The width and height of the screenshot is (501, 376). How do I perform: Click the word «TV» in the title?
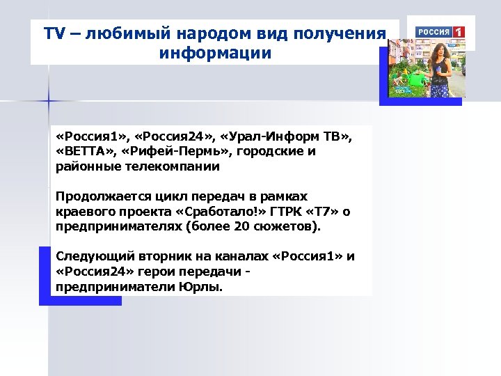coord(54,33)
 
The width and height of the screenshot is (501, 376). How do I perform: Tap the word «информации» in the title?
coord(215,53)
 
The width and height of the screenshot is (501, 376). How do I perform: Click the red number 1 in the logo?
coord(459,32)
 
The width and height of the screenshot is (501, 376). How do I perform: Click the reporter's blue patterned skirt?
coord(440,88)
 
